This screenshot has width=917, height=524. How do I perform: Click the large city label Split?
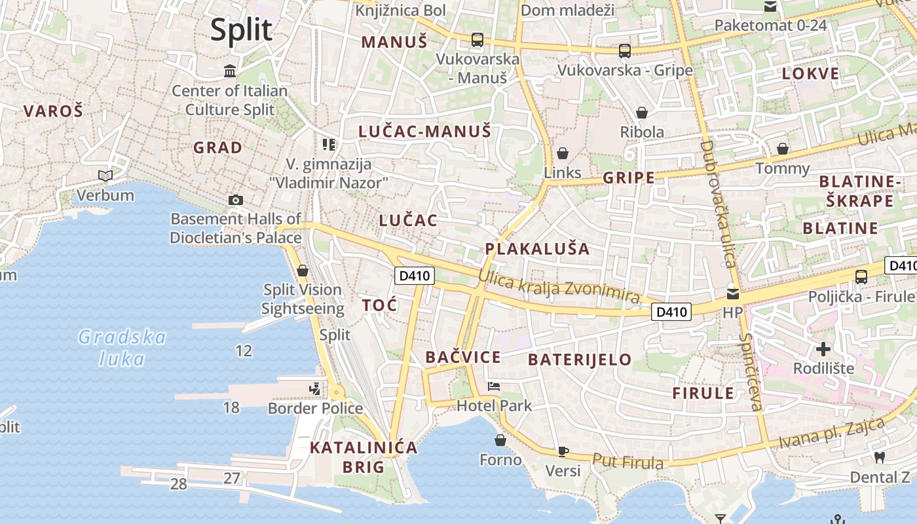pyautogui.click(x=241, y=30)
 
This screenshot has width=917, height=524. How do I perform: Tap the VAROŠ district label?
pyautogui.click(x=54, y=111)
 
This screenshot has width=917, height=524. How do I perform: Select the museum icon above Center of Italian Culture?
pyautogui.click(x=230, y=71)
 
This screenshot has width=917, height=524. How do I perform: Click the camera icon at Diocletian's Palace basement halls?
pyautogui.click(x=236, y=200)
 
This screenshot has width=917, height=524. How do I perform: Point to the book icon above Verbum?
pyautogui.click(x=105, y=176)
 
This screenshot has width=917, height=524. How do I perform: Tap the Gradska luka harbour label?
pyautogui.click(x=122, y=348)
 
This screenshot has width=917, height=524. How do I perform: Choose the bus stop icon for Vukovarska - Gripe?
pyautogui.click(x=625, y=50)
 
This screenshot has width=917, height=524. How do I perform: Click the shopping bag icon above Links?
pyautogui.click(x=563, y=153)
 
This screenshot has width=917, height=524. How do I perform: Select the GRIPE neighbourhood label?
pyautogui.click(x=629, y=178)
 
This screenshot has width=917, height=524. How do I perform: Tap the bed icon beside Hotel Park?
pyautogui.click(x=494, y=386)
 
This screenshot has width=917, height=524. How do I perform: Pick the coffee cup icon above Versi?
pyautogui.click(x=563, y=451)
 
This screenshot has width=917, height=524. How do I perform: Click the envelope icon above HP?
pyautogui.click(x=732, y=293)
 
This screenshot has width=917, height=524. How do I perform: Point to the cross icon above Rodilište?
pyautogui.click(x=823, y=349)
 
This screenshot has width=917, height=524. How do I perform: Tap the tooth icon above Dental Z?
pyautogui.click(x=880, y=457)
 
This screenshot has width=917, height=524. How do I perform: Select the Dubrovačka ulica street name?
pyautogui.click(x=719, y=203)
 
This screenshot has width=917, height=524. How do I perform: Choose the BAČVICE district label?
pyautogui.click(x=463, y=357)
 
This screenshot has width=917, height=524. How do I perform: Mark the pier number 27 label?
pyautogui.click(x=232, y=478)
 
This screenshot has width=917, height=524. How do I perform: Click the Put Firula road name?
pyautogui.click(x=627, y=461)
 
